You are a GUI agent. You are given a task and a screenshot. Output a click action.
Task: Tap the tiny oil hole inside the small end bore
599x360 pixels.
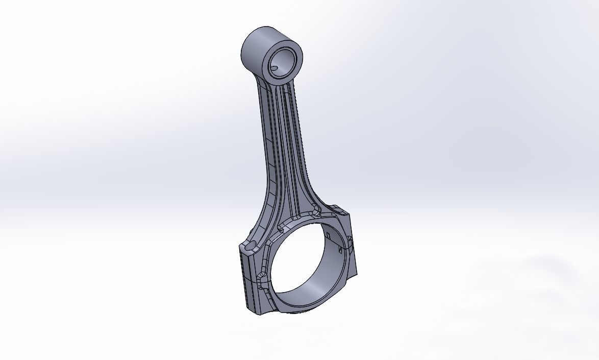(x=275, y=67)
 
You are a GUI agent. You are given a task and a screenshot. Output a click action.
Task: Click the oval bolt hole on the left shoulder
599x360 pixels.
(x=249, y=246)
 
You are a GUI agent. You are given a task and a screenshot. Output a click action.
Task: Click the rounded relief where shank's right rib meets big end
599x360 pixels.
(x=314, y=210)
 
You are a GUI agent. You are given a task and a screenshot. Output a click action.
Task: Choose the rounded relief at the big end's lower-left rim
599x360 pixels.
(x=261, y=279)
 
